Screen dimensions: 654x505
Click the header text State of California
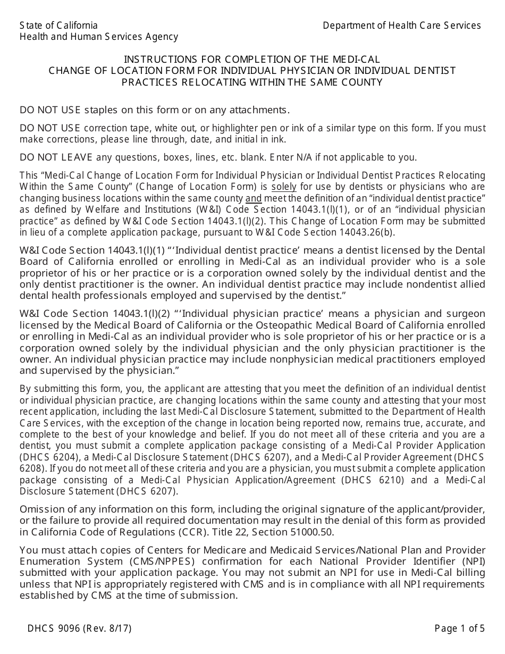(58, 26)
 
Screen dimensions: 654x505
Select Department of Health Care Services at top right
(401, 26)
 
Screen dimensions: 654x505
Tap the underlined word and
(254, 198)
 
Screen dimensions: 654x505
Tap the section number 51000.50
(308, 532)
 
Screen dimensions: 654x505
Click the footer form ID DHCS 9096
(54, 628)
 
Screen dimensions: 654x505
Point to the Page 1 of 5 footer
(459, 628)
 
